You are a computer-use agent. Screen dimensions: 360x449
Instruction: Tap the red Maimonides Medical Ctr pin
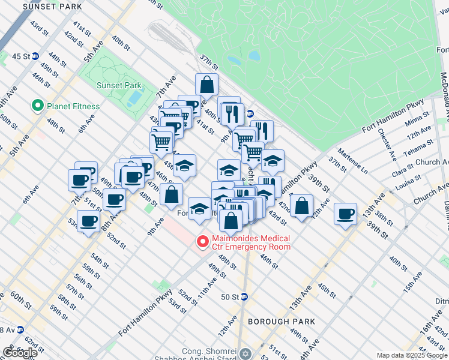203,242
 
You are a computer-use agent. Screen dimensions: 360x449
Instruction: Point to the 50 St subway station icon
244,297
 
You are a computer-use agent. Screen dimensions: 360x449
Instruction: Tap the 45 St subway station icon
35,56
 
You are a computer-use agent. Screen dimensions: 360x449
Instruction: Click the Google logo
20,353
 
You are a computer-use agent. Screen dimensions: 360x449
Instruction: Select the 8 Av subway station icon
20,329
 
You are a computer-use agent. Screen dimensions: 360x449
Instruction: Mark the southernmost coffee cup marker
89,221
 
